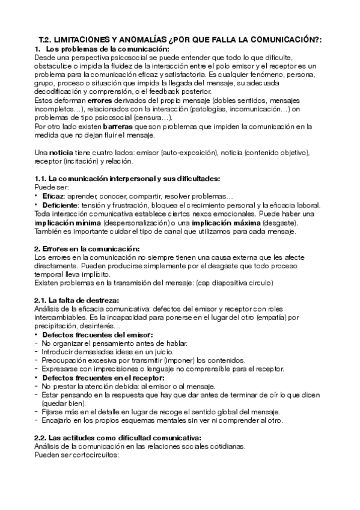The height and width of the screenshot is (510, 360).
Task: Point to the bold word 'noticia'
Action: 63,153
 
